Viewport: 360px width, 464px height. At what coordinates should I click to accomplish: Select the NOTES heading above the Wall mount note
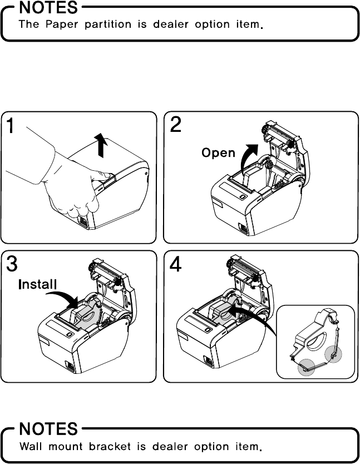(x=49, y=429)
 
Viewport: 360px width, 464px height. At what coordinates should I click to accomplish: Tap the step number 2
(x=175, y=125)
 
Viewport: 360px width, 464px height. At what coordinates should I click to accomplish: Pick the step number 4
(x=175, y=264)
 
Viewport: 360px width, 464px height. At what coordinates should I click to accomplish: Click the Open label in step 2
(x=218, y=152)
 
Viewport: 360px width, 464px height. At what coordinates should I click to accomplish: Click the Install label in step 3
(x=38, y=285)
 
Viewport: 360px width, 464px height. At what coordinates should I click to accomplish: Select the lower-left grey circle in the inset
(x=305, y=368)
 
